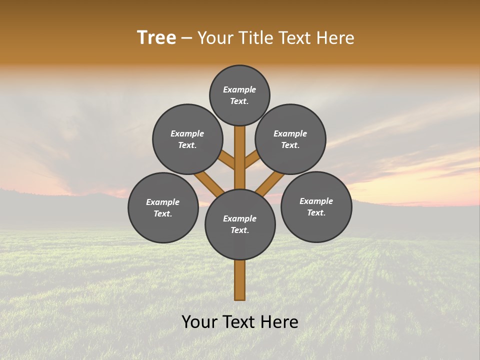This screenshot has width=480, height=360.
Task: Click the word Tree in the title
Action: click(156, 38)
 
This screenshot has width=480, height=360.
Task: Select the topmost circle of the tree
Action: click(239, 95)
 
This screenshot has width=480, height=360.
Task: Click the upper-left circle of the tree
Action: click(187, 139)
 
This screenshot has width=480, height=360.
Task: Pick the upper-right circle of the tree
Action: click(290, 139)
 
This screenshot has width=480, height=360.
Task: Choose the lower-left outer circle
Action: click(163, 207)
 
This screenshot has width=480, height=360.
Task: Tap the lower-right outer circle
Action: click(316, 206)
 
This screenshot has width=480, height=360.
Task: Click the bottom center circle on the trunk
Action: click(240, 224)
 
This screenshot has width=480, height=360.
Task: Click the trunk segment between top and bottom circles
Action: click(240, 157)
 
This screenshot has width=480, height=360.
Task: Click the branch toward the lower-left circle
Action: click(210, 183)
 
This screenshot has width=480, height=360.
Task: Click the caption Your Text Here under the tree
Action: click(239, 322)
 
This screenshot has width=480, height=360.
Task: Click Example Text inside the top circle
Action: click(239, 95)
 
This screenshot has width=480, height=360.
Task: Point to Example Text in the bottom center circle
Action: click(240, 224)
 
